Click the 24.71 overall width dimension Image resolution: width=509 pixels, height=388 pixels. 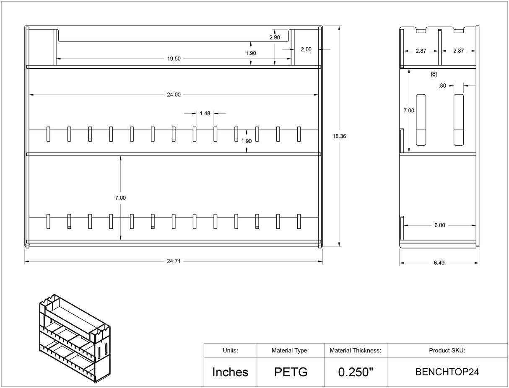173,261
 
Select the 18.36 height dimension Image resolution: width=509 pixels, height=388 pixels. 339,136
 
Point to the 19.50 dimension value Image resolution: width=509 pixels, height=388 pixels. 174,59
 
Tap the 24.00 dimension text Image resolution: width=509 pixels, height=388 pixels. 174,95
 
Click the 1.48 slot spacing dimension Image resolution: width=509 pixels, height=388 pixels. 205,113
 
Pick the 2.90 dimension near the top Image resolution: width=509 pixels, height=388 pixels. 275,38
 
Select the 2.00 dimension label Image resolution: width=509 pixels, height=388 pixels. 306,49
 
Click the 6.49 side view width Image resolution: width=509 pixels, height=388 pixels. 439,263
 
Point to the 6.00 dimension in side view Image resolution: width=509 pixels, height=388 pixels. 439,225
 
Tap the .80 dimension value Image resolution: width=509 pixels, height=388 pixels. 442,86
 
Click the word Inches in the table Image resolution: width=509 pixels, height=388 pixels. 230,372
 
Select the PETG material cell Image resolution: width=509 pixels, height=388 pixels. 291,372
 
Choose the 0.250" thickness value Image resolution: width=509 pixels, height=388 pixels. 355,372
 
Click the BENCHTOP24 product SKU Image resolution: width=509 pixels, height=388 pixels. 447,372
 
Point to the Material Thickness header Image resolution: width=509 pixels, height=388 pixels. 355,350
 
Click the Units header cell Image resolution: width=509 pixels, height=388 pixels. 230,350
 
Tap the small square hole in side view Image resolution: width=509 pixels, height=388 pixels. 434,75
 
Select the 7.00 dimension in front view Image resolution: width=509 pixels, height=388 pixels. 120,198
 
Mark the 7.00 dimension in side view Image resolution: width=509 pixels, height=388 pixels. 408,111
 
